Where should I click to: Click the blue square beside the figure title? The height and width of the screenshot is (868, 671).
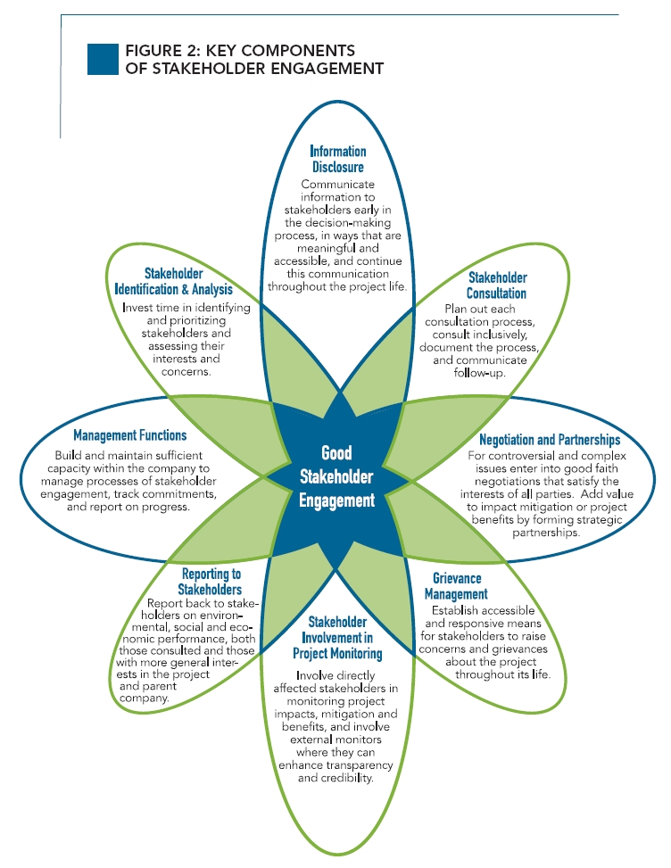click(x=104, y=58)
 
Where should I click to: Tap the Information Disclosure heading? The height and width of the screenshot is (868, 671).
click(x=337, y=159)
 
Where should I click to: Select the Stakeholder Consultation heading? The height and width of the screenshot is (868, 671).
click(x=497, y=285)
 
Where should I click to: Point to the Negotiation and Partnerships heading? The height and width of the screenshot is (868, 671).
click(x=549, y=440)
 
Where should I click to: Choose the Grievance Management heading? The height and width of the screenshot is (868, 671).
click(x=456, y=586)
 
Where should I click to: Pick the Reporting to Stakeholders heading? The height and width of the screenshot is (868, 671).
click(x=211, y=582)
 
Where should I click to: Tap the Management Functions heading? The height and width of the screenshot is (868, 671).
click(x=130, y=435)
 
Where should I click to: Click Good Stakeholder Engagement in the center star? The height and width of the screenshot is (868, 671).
click(x=335, y=476)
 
